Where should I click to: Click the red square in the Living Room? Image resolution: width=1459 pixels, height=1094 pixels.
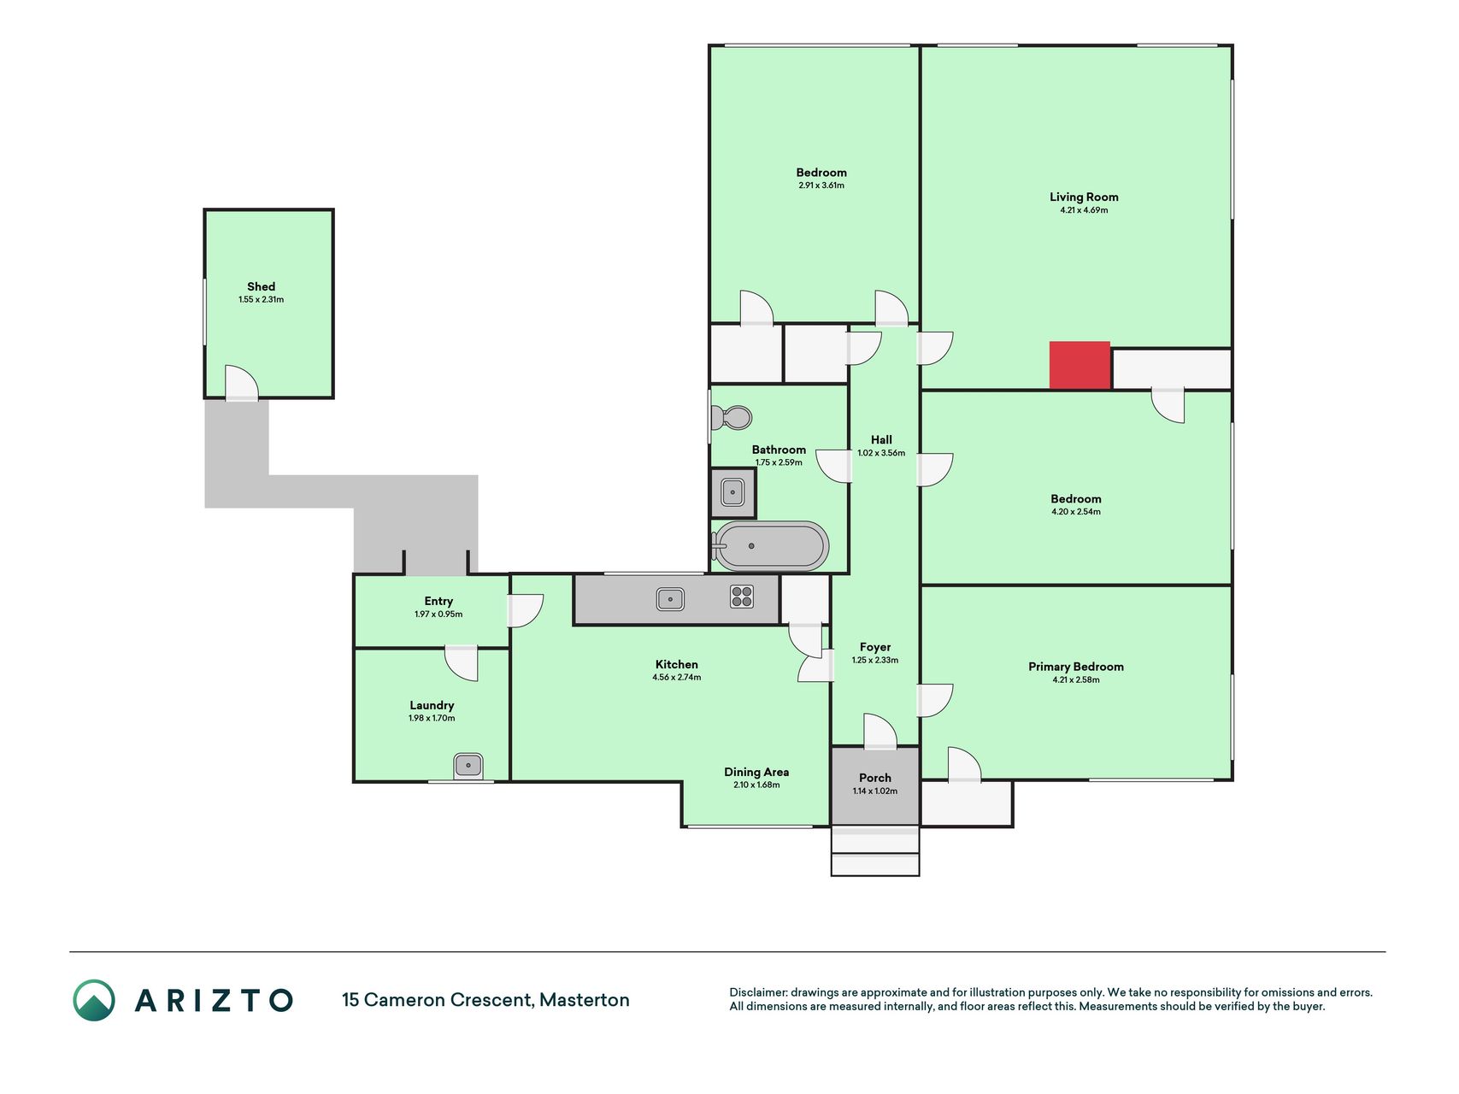click(x=1080, y=366)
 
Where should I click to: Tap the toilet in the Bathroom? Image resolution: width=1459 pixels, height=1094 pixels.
click(x=732, y=418)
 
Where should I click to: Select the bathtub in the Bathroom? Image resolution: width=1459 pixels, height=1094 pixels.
click(x=770, y=545)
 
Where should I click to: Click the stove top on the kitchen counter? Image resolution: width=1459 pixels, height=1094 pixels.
click(x=742, y=597)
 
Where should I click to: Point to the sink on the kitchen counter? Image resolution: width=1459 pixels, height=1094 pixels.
click(x=670, y=599)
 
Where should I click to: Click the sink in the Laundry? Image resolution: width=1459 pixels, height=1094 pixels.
click(x=468, y=765)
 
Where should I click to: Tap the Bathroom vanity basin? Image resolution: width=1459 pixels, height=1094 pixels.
click(x=732, y=492)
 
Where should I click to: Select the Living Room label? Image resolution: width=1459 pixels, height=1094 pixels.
click(x=1084, y=197)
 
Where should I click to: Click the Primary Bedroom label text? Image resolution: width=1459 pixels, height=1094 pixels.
click(x=1076, y=667)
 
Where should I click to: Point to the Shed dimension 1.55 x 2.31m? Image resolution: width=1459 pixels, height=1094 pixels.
click(x=262, y=300)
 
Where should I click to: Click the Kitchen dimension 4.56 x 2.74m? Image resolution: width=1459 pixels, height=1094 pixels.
click(x=677, y=678)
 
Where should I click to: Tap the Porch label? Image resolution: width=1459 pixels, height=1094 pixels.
click(x=875, y=778)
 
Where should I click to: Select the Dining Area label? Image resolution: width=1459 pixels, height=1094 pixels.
click(x=756, y=772)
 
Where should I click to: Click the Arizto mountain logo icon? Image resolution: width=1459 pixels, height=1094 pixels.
click(x=94, y=1000)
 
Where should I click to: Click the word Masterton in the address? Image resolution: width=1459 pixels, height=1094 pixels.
click(x=585, y=1000)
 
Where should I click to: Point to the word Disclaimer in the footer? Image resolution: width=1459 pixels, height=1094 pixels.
click(x=758, y=992)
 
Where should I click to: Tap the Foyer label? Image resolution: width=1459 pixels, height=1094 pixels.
click(x=875, y=648)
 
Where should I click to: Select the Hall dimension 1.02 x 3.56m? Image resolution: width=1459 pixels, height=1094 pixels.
click(x=881, y=453)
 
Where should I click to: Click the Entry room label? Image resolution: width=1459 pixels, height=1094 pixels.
click(x=438, y=602)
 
